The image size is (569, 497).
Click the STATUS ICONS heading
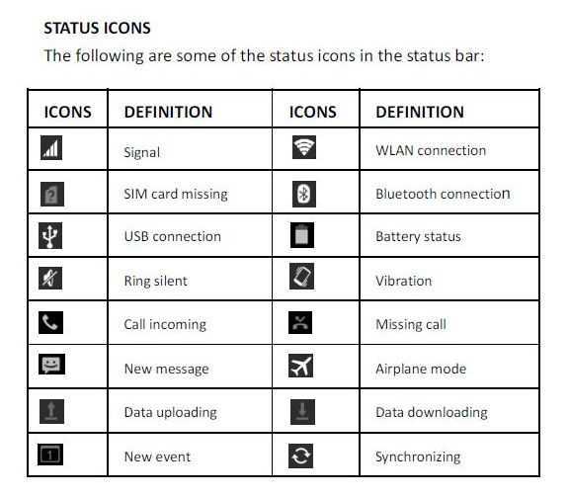pyautogui.click(x=97, y=28)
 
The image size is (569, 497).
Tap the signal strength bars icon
pyautogui.click(x=51, y=148)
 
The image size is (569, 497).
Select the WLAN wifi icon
pyautogui.click(x=304, y=147)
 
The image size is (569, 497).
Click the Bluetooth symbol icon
pyautogui.click(x=304, y=194)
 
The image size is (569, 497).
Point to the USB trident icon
pyautogui.click(x=50, y=235)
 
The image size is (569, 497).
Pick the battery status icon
pyautogui.click(x=302, y=235)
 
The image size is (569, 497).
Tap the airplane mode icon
pyautogui.click(x=301, y=366)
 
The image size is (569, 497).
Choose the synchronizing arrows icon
pyautogui.click(x=301, y=456)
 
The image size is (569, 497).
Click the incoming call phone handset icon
pyautogui.click(x=50, y=322)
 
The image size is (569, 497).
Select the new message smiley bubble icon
pyautogui.click(x=52, y=365)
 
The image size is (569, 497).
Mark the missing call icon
pyautogui.click(x=300, y=322)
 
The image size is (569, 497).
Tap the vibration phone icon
pyautogui.click(x=302, y=277)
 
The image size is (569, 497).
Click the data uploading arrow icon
pyautogui.click(x=52, y=411)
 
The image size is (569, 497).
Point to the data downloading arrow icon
pyautogui.click(x=302, y=412)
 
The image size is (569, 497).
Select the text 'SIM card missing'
pyautogui.click(x=176, y=194)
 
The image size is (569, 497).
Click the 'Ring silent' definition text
pyautogui.click(x=156, y=281)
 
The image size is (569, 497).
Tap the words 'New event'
pyautogui.click(x=157, y=456)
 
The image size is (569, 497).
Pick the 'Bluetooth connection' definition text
pyautogui.click(x=443, y=194)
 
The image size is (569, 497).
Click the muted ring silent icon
pyautogui.click(x=50, y=278)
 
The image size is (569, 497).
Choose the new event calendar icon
pyautogui.click(x=50, y=455)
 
